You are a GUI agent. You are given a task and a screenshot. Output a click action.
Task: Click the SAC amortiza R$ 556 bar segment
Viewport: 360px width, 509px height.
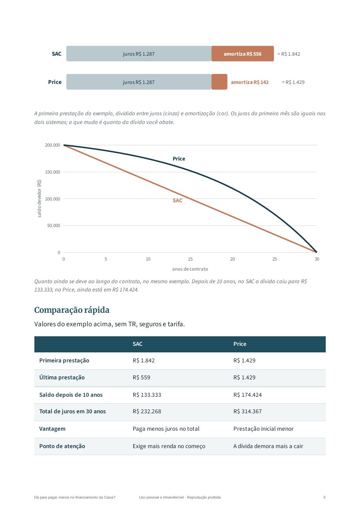pos(242,54)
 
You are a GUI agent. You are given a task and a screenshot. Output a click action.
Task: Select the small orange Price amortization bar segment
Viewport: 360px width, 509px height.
pos(219,82)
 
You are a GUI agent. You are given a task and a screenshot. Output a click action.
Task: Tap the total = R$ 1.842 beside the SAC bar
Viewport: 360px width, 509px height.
pos(289,54)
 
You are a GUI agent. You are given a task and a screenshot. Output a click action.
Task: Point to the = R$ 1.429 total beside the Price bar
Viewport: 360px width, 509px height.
pos(293,82)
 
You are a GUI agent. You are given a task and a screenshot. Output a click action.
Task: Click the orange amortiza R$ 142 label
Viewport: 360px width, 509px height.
pos(250,82)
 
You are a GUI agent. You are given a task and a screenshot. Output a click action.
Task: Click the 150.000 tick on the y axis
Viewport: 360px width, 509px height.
pos(53,172)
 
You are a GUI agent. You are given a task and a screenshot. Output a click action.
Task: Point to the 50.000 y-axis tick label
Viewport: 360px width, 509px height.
pos(54,226)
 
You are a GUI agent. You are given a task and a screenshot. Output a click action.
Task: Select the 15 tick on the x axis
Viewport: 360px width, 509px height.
pos(190,259)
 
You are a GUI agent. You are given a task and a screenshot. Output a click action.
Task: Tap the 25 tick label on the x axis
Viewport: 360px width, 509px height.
pos(275,259)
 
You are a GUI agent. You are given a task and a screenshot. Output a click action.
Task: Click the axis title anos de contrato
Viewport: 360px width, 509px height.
pos(190,269)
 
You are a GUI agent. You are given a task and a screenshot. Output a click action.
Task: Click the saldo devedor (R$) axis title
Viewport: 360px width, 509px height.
pos(39,198)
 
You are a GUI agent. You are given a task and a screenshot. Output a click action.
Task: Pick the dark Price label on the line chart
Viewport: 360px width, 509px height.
pos(179,159)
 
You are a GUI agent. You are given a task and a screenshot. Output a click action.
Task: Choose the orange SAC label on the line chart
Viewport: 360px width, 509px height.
pos(178,201)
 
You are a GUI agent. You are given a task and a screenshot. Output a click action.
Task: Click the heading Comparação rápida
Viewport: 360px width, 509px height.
pos(72,310)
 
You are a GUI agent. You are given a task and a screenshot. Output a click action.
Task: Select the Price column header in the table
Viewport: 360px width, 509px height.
pos(240,344)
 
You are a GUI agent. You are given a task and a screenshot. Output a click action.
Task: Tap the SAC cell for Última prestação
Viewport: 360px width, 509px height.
pos(141,378)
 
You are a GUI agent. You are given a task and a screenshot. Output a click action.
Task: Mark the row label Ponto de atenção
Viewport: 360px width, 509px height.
pos(62,446)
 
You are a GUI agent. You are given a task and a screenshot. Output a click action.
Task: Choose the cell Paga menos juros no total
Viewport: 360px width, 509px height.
pos(166,429)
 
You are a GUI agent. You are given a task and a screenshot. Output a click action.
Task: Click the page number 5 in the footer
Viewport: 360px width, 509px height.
pos(324,497)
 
